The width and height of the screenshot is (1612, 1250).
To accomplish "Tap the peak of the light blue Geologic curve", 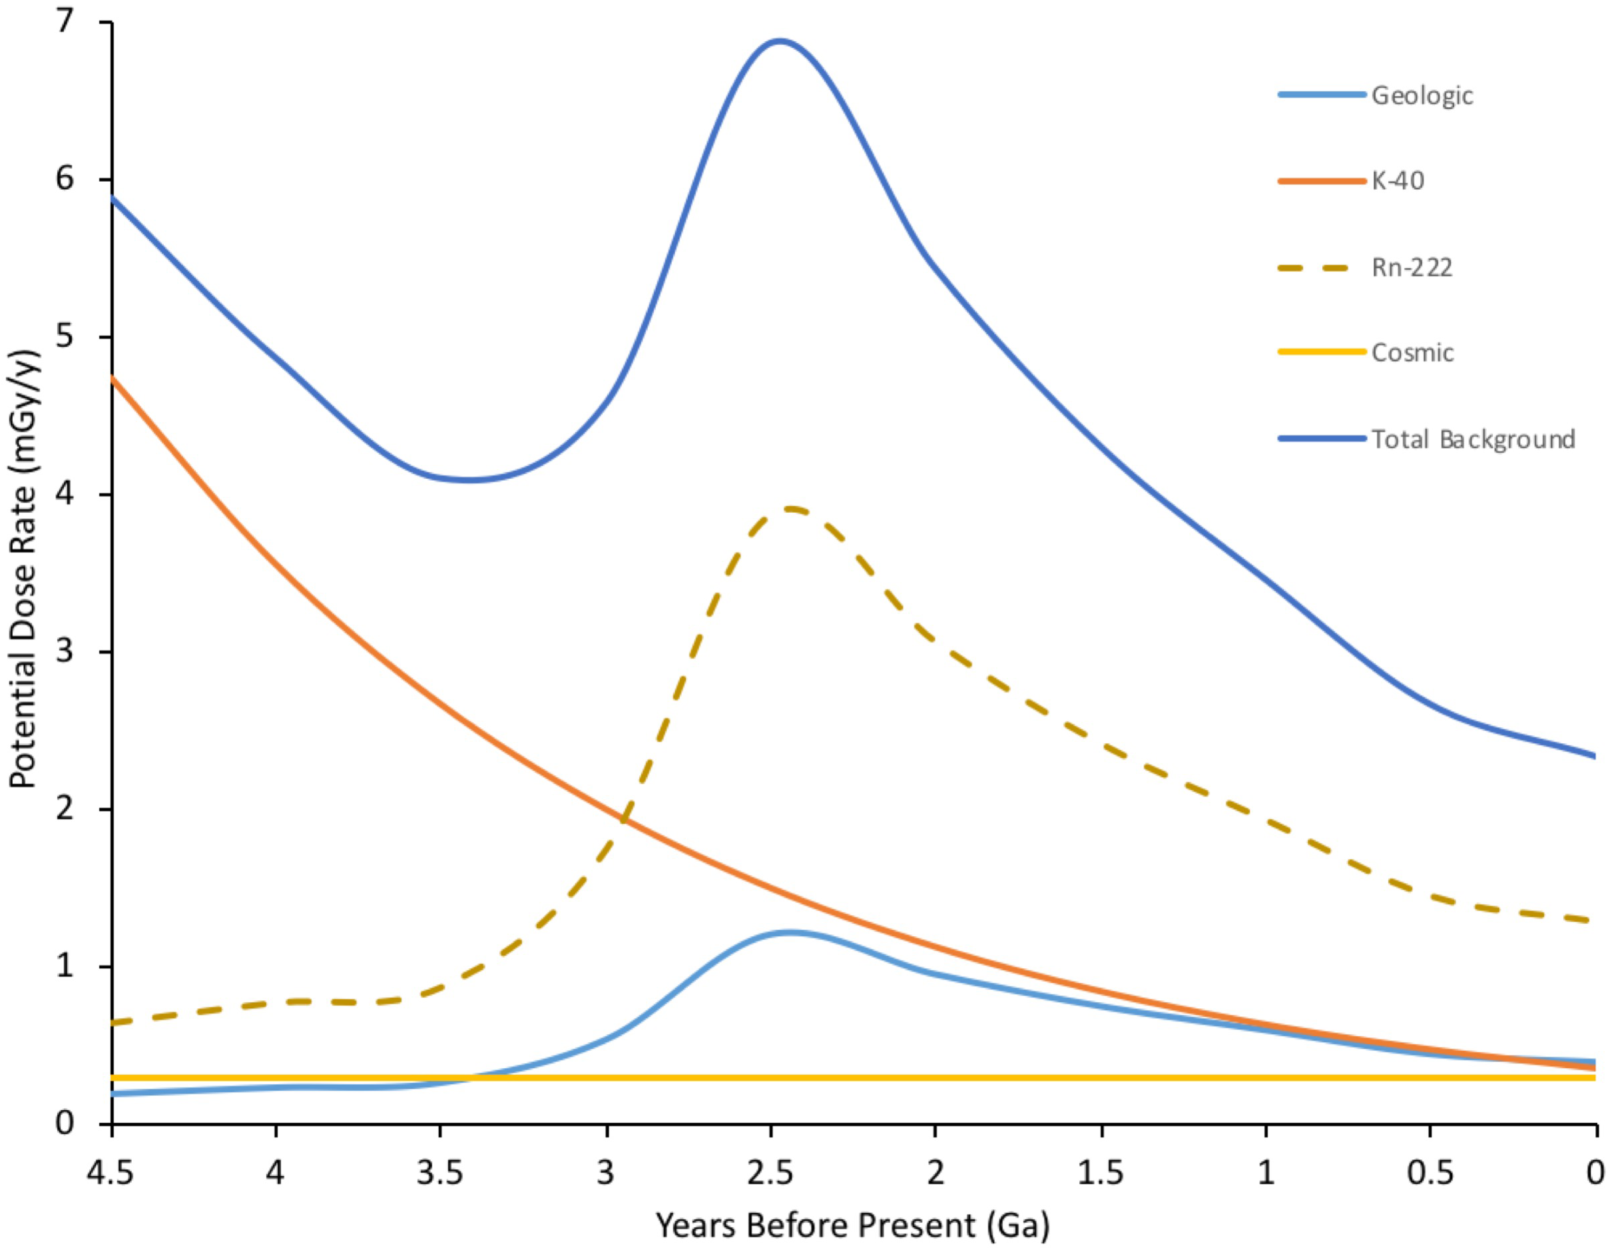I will pyautogui.click(x=790, y=932).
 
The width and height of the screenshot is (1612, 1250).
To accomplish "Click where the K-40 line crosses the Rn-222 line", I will pyautogui.click(x=625, y=821).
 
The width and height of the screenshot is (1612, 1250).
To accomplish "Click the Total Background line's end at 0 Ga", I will pyautogui.click(x=1594, y=756).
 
